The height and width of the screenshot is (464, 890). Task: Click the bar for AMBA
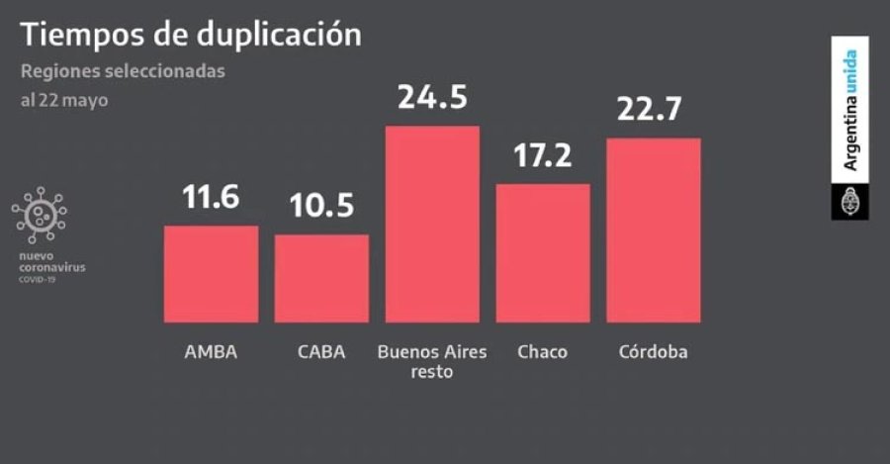[211, 274]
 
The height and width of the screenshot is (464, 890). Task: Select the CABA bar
[321, 278]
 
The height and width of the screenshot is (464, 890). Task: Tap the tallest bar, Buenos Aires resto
[432, 224]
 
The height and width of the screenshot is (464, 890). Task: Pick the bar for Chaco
[543, 252]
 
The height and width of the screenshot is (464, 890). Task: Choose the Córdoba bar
[654, 230]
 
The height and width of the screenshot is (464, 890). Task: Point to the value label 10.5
[321, 207]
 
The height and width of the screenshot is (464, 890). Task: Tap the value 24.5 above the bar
[432, 98]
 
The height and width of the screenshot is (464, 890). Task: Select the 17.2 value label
[543, 155]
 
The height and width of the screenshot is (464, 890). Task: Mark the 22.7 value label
[654, 110]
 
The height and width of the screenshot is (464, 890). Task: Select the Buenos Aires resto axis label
[432, 362]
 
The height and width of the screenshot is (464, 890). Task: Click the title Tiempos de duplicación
[191, 35]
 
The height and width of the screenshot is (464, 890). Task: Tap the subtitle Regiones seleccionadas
[123, 71]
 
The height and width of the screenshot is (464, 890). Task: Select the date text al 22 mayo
[64, 101]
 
